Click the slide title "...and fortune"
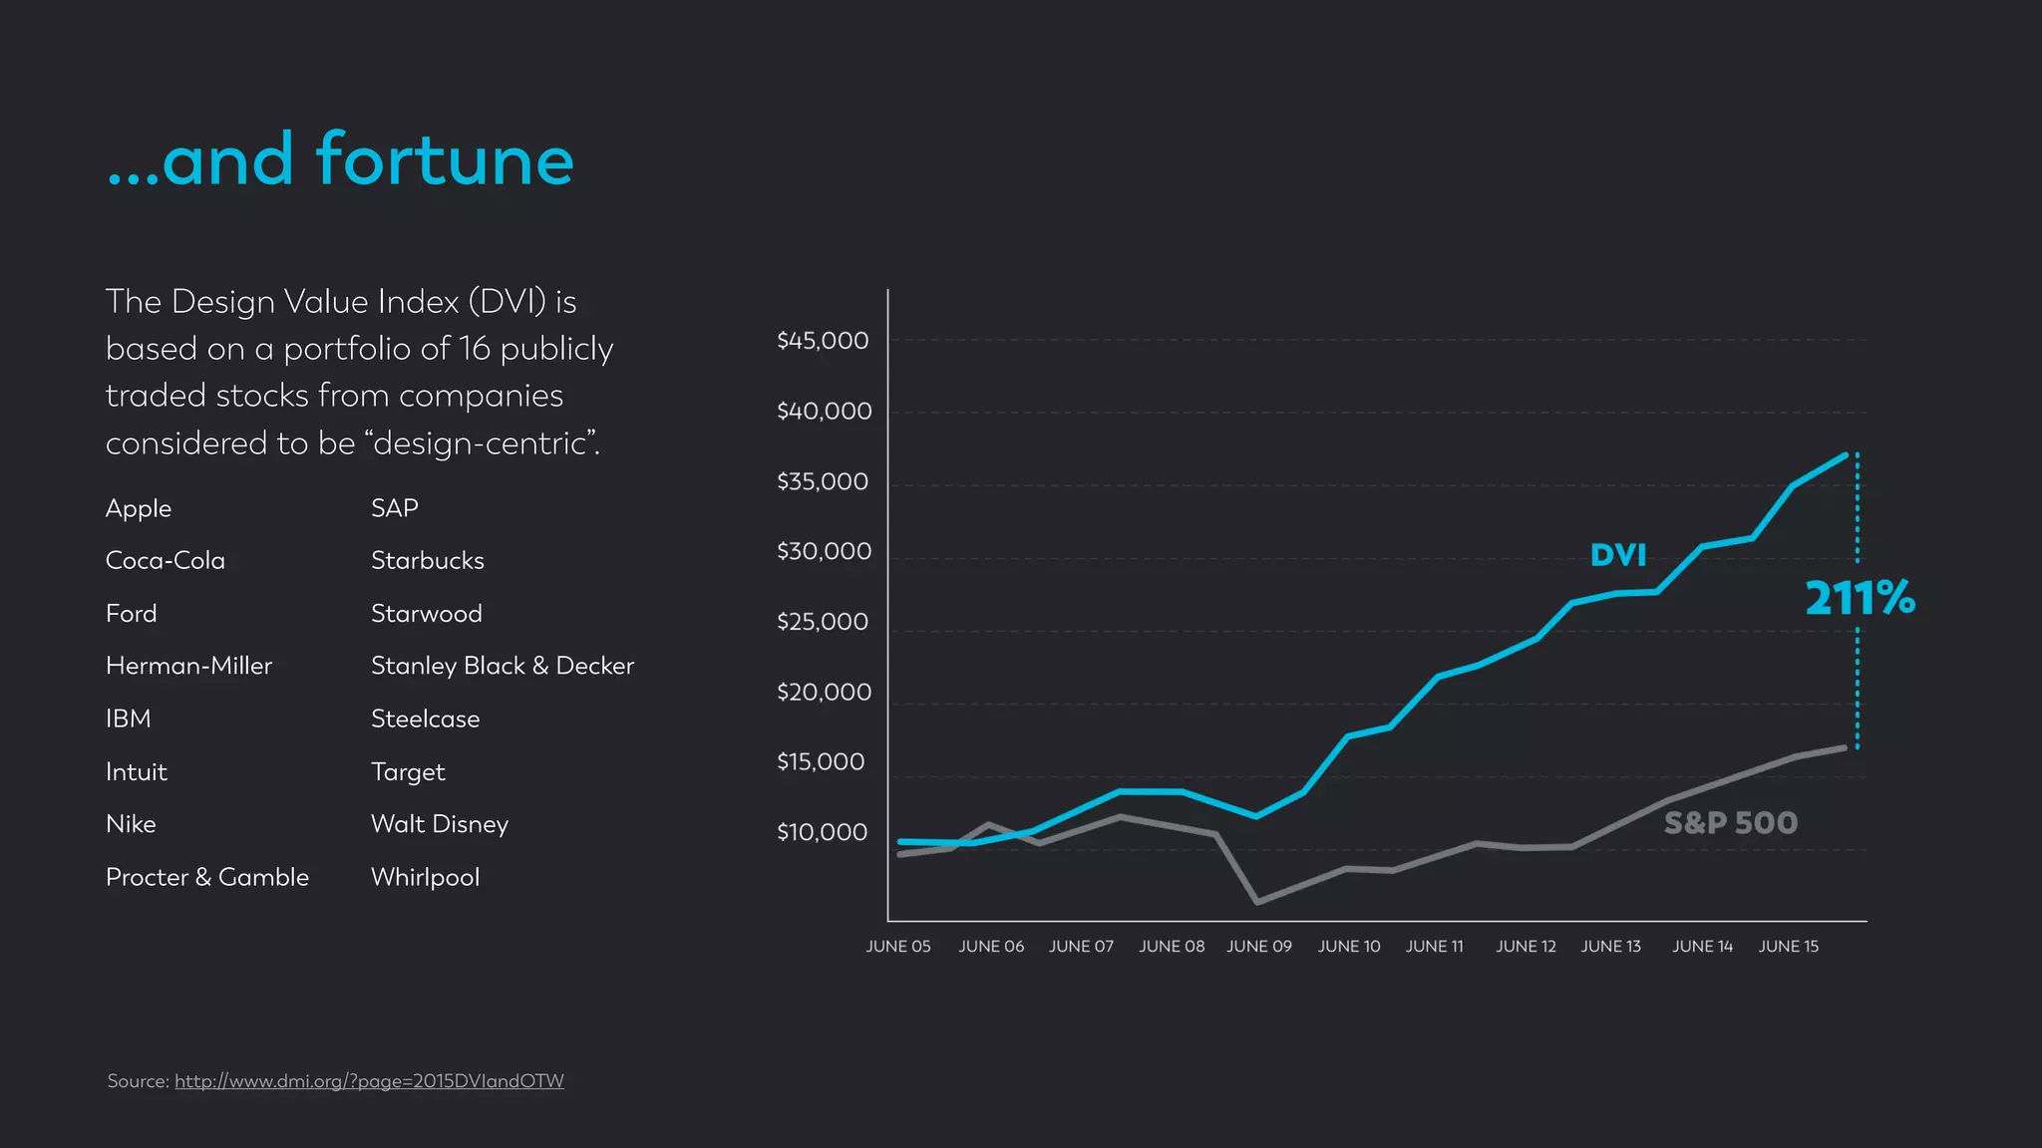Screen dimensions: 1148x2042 [x=340, y=160]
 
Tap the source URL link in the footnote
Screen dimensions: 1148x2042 [x=369, y=1081]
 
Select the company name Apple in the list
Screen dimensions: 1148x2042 [x=139, y=508]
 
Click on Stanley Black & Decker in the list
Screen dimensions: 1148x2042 [x=502, y=666]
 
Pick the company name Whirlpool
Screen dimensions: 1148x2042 [x=425, y=877]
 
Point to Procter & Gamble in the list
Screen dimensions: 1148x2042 [x=207, y=877]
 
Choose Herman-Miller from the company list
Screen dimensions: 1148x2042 [x=188, y=666]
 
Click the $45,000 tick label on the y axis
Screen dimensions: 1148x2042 [x=823, y=341]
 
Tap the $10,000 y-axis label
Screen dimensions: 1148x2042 [x=823, y=832]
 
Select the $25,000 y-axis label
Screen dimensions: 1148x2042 [x=823, y=622]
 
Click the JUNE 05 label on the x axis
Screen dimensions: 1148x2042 [x=897, y=946]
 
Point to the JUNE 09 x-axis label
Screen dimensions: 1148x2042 [x=1258, y=946]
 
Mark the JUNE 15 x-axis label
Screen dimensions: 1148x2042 [x=1788, y=946]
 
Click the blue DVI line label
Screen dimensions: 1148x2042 [x=1617, y=555]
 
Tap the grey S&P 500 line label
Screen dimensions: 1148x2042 [x=1730, y=823]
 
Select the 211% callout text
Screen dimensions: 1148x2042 [x=1860, y=598]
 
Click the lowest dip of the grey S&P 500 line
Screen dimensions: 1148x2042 [x=1257, y=902]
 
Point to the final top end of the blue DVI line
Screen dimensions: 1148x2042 [x=1846, y=455]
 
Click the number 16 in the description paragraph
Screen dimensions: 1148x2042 [x=475, y=349]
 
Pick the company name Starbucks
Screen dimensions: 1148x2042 [x=427, y=561]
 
